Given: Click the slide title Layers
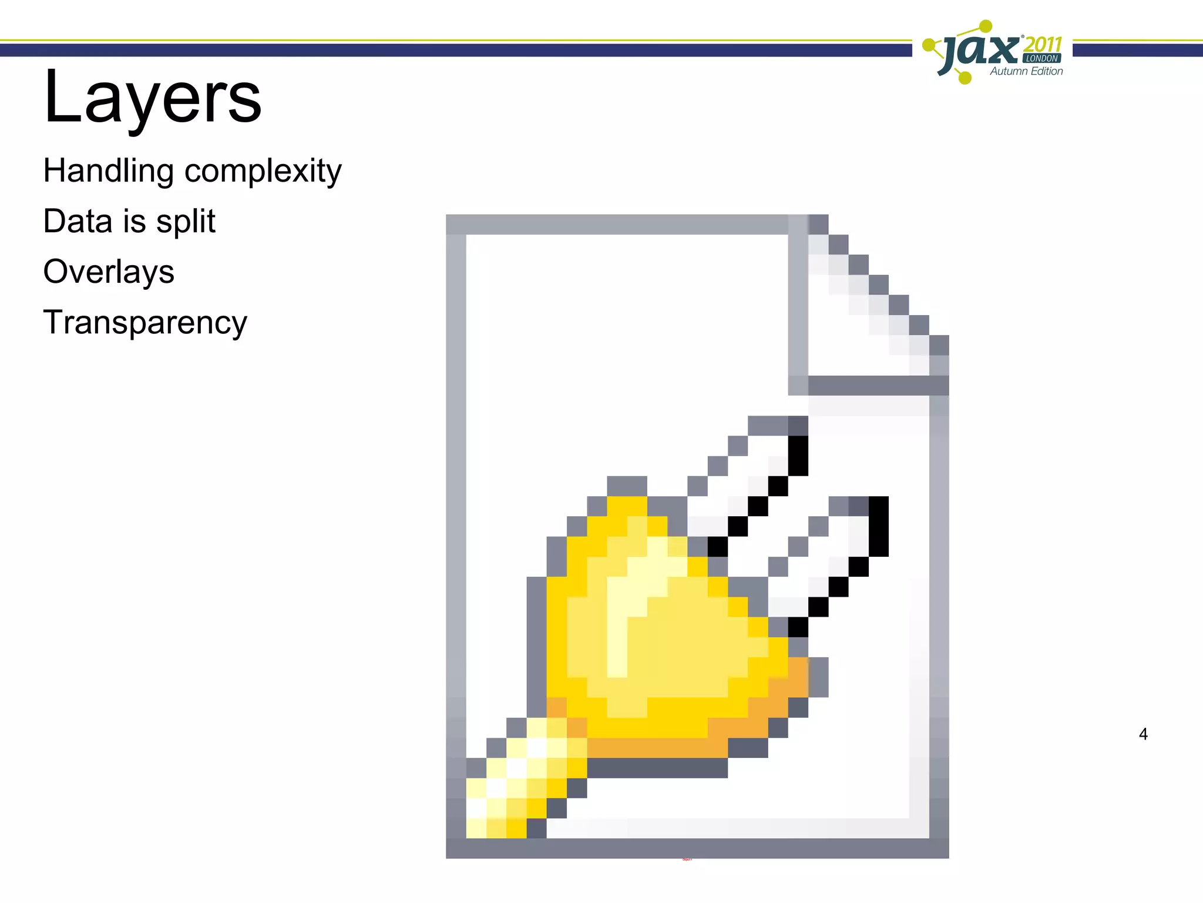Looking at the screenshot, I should (x=153, y=97).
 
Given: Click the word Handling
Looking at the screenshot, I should (x=108, y=171).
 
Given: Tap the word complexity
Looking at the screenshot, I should (x=263, y=171).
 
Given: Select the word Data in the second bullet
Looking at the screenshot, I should (x=78, y=221).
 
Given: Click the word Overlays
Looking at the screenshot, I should (x=109, y=272).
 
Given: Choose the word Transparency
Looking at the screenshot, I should (x=145, y=323).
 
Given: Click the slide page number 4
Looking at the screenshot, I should (x=1143, y=734).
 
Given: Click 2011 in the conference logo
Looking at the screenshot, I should (x=1043, y=44).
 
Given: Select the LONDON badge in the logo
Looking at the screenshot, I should (x=1042, y=58).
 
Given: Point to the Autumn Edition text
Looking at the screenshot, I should (x=1026, y=71).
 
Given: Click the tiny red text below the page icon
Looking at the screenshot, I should (x=687, y=859).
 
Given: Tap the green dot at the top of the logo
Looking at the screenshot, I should (x=986, y=26).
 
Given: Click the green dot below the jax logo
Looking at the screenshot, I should (x=964, y=77).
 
